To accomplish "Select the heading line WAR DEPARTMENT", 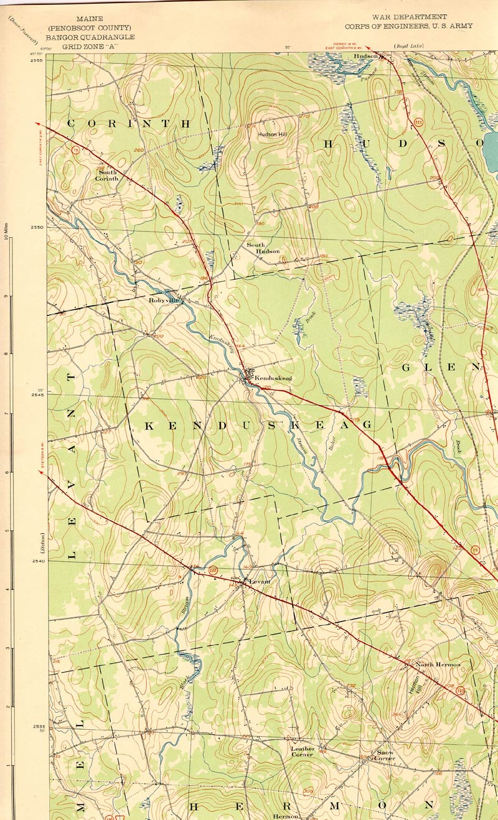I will tap(409, 17).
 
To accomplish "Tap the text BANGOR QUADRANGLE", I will tap(98, 37).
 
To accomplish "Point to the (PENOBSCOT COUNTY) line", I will tap(98, 28).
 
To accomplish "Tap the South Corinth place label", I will tap(106, 175).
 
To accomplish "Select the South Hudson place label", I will tap(263, 248).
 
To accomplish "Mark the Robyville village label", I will tap(163, 300).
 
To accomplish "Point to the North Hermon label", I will tap(438, 664).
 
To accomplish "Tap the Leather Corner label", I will tap(303, 752).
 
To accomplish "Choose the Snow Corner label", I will tap(385, 755).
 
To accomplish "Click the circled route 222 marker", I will tap(214, 570).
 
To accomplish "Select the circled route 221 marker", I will tap(418, 123).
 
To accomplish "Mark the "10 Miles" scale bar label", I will tap(6, 233).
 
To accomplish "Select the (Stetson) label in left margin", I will tap(44, 544).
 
